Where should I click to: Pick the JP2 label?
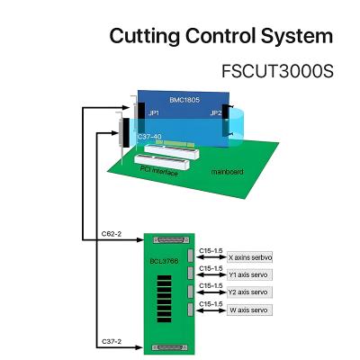tap(216, 114)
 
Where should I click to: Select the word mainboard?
tap(227, 170)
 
